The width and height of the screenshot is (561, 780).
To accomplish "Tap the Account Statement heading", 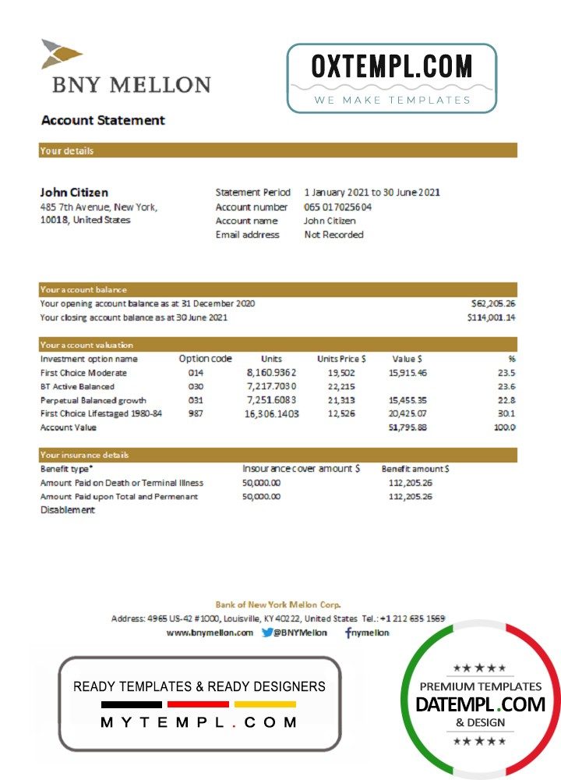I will (103, 120).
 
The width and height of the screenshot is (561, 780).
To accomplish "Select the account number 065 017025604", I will (337, 207).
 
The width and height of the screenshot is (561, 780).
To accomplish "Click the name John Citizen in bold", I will (74, 192).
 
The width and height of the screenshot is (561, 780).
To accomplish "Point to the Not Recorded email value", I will (333, 234).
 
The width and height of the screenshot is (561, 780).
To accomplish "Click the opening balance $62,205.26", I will (493, 303).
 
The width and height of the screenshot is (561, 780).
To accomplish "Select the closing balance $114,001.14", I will (491, 317).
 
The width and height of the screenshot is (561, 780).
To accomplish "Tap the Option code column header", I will (205, 359).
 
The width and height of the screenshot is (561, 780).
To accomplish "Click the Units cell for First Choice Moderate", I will (272, 373).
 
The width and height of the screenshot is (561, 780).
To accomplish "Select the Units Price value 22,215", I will (341, 386).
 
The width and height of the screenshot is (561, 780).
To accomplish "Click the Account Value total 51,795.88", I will (408, 427).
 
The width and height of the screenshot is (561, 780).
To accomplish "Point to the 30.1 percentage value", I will (506, 413).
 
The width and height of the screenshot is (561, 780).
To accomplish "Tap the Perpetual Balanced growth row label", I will (93, 400).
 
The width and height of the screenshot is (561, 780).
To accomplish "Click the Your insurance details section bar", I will (277, 455).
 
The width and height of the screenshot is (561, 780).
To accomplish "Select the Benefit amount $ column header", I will (415, 469).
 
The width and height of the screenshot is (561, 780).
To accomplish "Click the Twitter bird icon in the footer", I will (267, 633).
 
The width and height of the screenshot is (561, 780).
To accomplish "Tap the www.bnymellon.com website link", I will (210, 633).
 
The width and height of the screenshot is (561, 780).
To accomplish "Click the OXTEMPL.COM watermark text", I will (391, 67).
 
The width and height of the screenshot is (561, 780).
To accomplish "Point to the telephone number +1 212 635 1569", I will (412, 619).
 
